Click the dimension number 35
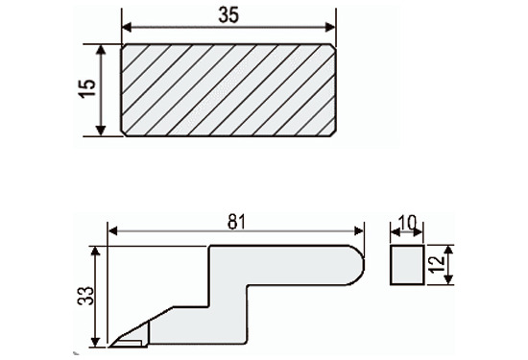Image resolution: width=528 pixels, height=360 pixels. (228, 15)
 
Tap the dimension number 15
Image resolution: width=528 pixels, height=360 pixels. (87, 88)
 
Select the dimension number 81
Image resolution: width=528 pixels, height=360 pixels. (237, 222)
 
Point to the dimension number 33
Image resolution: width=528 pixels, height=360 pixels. (85, 296)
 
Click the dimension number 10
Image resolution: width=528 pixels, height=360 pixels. (407, 223)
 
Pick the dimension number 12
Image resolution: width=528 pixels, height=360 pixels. (438, 264)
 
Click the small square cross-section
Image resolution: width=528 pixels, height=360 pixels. (407, 265)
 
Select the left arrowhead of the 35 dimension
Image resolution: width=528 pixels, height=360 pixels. (127, 27)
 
